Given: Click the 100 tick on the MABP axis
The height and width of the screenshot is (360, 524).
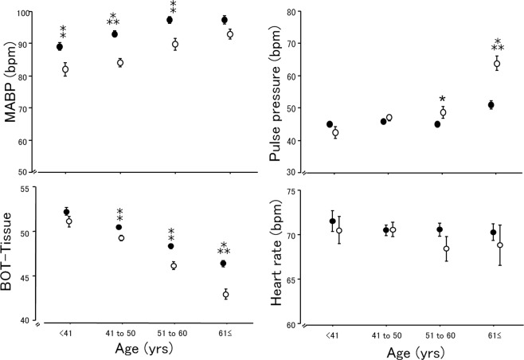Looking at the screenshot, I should pos(29,14).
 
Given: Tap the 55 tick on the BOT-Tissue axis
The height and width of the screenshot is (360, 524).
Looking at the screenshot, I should pos(30,188).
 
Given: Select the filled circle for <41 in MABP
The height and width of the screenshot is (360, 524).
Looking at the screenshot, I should pos(60,47).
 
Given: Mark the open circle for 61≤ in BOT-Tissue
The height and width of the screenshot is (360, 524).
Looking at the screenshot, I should pos(225,295).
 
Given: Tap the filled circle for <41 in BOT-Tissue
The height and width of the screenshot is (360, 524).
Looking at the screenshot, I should pos(66,212).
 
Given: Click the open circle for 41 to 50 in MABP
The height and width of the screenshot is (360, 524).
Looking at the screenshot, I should pos(120,63).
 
